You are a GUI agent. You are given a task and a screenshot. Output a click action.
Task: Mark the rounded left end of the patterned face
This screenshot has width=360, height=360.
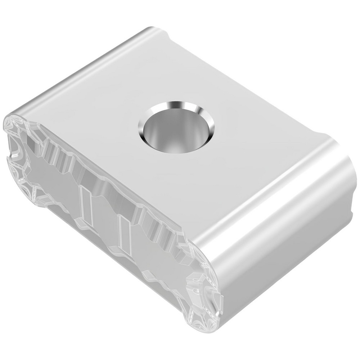pyautogui.click(x=14, y=151)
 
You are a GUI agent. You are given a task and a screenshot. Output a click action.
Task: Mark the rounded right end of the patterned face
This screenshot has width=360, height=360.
pyautogui.click(x=205, y=295)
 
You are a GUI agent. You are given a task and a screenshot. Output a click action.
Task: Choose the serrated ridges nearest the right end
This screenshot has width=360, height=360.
pyautogui.click(x=162, y=230)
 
